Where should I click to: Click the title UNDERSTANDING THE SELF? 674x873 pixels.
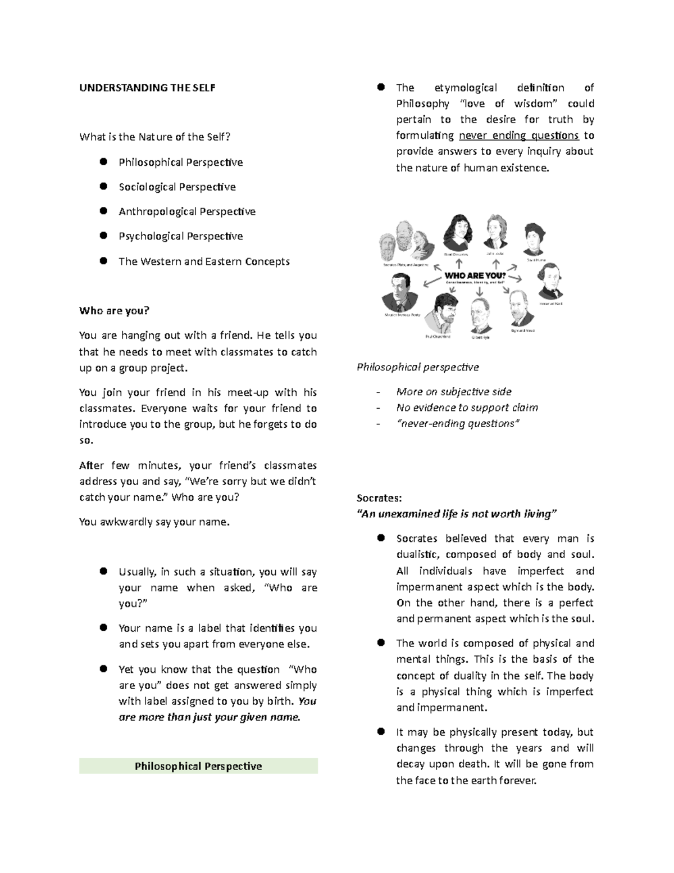[x=147, y=88]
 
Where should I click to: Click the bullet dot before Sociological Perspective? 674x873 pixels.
[x=103, y=186]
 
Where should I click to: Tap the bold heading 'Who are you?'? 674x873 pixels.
[x=115, y=311]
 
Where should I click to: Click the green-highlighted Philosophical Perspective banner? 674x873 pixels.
[x=198, y=766]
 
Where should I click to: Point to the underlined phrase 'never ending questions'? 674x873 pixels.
[x=518, y=135]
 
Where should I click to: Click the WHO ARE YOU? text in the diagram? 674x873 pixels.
[x=475, y=275]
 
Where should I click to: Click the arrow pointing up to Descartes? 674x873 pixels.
[x=459, y=264]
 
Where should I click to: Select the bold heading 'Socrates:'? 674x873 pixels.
[x=379, y=497]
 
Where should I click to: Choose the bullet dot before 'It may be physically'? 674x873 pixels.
[x=381, y=731]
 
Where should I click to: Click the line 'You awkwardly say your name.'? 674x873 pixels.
[x=154, y=522]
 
